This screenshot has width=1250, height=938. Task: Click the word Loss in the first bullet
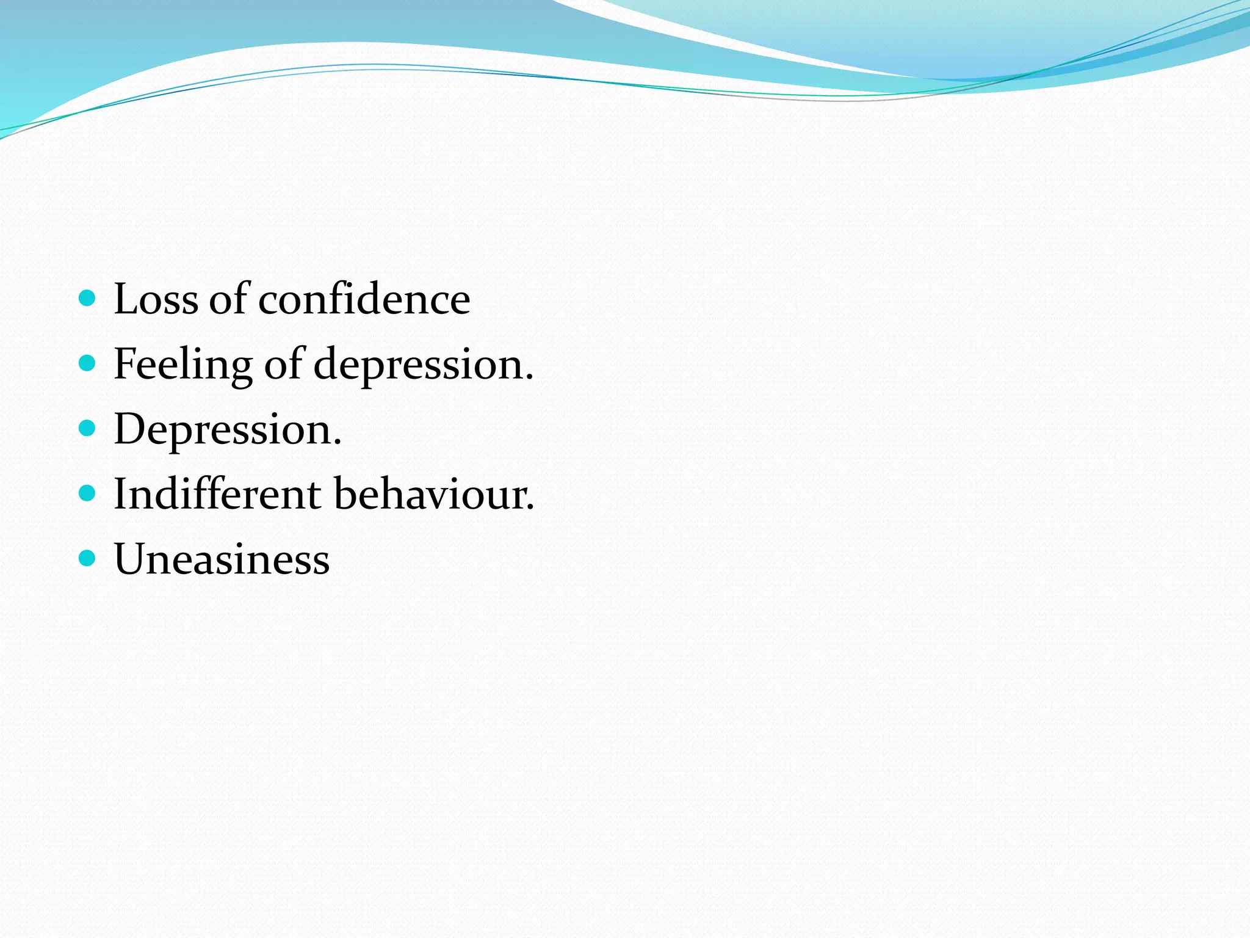coord(156,299)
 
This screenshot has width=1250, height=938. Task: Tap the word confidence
coord(364,299)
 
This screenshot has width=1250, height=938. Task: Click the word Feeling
coord(182,365)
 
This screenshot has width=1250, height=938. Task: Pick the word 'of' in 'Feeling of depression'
coord(284,365)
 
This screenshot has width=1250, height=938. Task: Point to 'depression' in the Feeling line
coord(418,365)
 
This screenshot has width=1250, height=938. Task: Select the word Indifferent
coord(217,494)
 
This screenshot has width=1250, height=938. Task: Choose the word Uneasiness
coord(222,559)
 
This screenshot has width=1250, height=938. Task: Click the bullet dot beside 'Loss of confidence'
coord(88,298)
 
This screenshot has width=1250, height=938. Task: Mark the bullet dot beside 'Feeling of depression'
coord(88,363)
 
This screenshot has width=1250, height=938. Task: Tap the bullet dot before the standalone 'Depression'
coord(88,428)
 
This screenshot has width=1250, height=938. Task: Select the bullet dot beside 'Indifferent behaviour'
coord(88,493)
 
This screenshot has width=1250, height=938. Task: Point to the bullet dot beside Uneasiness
coord(88,558)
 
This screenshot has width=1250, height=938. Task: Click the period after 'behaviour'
coord(530,508)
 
